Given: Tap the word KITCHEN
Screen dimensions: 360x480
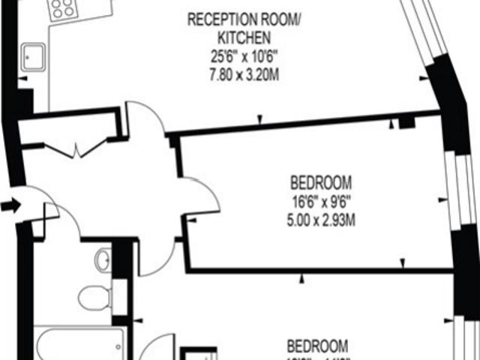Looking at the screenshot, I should pos(239,36).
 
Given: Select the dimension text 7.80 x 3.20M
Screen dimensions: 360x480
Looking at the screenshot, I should pos(239,73).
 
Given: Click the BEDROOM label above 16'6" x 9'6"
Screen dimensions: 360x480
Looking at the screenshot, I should pos(320,182).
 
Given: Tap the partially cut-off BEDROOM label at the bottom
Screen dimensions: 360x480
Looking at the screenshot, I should pos(318,346).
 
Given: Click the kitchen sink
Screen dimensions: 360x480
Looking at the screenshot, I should pos(34,55).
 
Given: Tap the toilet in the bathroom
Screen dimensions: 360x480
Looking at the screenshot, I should pos(94,298).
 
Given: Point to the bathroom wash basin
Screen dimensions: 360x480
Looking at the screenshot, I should pos(103,260).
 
